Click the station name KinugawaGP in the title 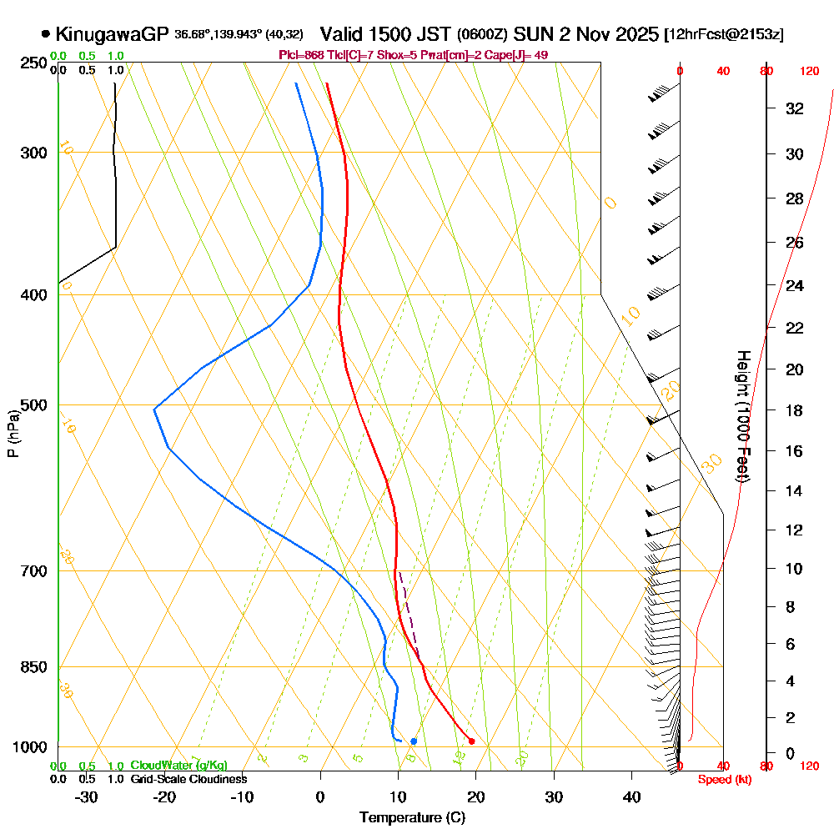(112, 34)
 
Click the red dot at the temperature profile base (472, 741)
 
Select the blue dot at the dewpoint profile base (414, 741)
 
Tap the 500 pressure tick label (33, 405)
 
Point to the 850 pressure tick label (33, 667)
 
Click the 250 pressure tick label (33, 63)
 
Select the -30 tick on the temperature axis (87, 797)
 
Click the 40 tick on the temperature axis (632, 797)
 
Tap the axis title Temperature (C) (412, 818)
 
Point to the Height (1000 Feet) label (741, 417)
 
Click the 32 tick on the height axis (795, 108)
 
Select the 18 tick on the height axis (795, 410)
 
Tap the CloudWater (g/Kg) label (178, 766)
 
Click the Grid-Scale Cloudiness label (188, 779)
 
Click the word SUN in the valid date (532, 34)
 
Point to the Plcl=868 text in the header (301, 55)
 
